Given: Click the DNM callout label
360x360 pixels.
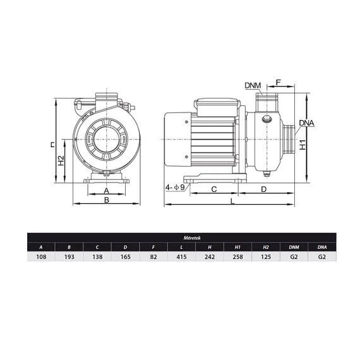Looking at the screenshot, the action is pyautogui.click(x=253, y=85).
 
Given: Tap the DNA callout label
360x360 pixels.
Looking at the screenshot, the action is pyautogui.click(x=306, y=123).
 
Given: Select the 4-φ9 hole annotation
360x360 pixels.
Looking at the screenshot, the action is pyautogui.click(x=175, y=188).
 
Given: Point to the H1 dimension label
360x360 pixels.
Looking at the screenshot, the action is pyautogui.click(x=303, y=145).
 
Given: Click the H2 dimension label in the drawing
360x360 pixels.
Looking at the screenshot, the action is pyautogui.click(x=61, y=160).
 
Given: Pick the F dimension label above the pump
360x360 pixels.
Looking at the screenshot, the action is pyautogui.click(x=279, y=82).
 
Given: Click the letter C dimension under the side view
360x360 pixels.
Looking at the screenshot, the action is pyautogui.click(x=213, y=189).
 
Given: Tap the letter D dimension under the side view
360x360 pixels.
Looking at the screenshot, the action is pyautogui.click(x=264, y=189).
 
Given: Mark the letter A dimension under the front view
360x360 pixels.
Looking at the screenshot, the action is pyautogui.click(x=106, y=191).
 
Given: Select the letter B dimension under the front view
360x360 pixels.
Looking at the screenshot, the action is pyautogui.click(x=107, y=200).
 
